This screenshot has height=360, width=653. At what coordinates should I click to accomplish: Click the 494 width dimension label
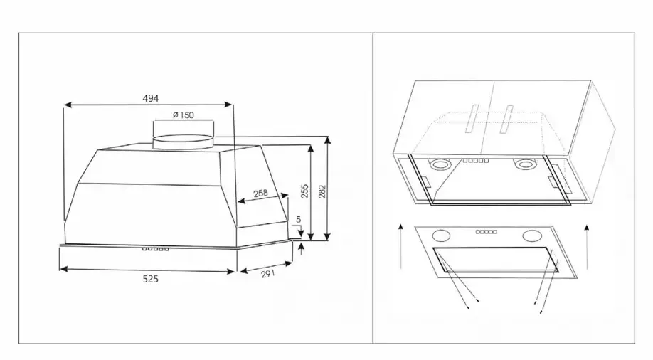(x=150, y=98)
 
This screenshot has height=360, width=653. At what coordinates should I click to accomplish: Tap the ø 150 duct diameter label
(x=184, y=115)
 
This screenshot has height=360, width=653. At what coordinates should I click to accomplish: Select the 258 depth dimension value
(x=260, y=194)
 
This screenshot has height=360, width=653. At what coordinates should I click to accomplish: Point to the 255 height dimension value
(x=305, y=191)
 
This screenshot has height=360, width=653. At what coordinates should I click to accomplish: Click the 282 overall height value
(x=322, y=191)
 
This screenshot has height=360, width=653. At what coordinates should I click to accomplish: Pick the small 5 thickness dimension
(x=298, y=219)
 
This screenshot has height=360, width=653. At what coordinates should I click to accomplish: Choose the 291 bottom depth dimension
(x=267, y=274)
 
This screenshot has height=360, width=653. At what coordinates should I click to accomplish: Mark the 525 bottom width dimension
(x=150, y=279)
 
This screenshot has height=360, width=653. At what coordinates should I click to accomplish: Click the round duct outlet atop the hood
(x=184, y=142)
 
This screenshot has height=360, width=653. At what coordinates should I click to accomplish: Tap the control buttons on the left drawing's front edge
(x=155, y=249)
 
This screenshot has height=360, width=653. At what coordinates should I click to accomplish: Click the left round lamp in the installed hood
(x=440, y=164)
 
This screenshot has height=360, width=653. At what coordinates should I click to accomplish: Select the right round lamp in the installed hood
(x=524, y=164)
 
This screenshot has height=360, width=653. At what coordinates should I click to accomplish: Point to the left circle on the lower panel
(x=442, y=235)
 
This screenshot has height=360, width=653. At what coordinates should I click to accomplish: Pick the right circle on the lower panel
(x=532, y=235)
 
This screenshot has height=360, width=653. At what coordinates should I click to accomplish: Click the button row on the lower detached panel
(x=487, y=232)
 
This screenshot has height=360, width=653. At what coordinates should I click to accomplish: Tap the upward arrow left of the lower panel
(x=400, y=246)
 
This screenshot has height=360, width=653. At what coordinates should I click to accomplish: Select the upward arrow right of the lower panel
(x=587, y=247)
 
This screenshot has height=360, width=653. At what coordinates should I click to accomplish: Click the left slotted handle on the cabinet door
(x=472, y=119)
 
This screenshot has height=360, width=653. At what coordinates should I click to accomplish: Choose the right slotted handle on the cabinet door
(x=506, y=119)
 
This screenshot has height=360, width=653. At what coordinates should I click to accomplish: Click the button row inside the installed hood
(x=476, y=160)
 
